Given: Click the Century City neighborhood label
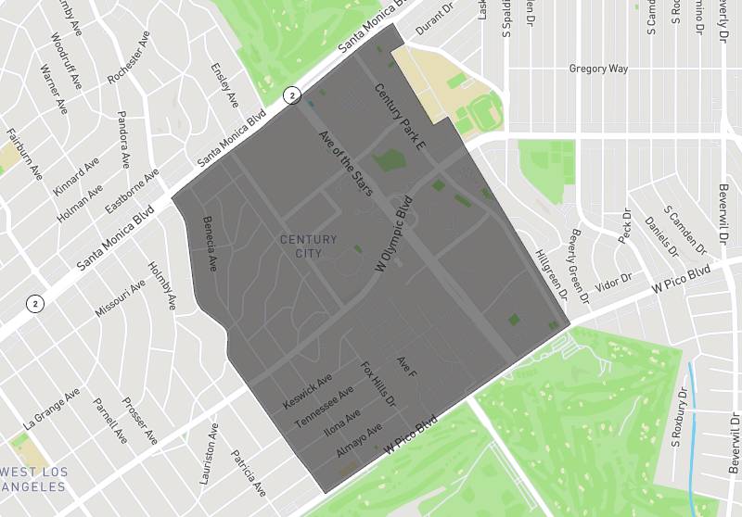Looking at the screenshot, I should pyautogui.click(x=309, y=246).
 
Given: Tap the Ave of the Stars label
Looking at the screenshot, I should pyautogui.click(x=345, y=163).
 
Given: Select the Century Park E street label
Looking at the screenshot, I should pyautogui.click(x=400, y=117).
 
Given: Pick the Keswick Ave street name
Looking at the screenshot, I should pyautogui.click(x=308, y=393).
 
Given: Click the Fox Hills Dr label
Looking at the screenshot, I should pyautogui.click(x=377, y=385).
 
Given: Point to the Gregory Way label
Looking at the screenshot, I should pyautogui.click(x=598, y=69).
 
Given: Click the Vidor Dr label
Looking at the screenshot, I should pyautogui.click(x=613, y=281).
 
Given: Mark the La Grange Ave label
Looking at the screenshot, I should pyautogui.click(x=54, y=410).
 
